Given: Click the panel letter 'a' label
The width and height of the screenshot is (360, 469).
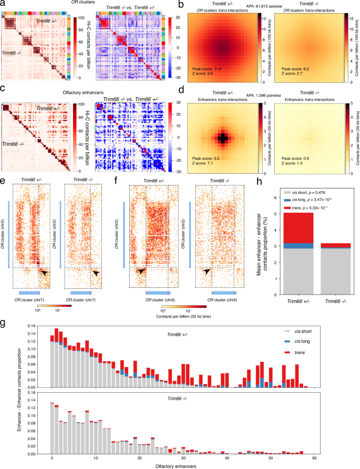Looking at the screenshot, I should (x=4, y=4).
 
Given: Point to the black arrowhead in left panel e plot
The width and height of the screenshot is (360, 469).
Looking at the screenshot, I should (x=44, y=273).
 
